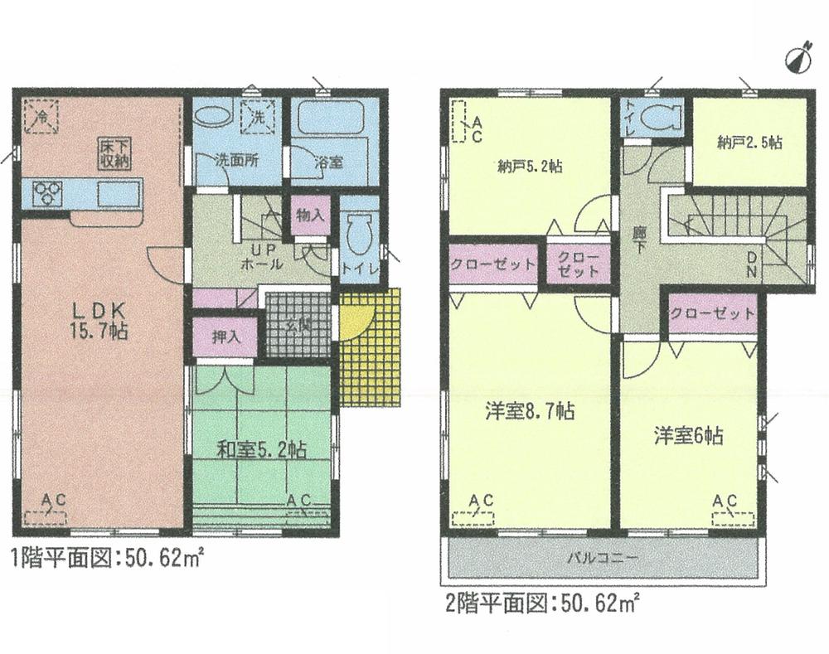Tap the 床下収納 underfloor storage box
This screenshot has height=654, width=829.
117,154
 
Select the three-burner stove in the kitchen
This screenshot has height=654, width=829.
47,194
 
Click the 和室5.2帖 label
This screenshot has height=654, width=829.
262,450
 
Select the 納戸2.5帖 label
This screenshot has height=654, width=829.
749,143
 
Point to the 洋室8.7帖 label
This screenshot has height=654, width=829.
530,410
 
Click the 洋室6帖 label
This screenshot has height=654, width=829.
687,435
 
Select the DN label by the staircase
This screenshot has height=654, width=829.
752,266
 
